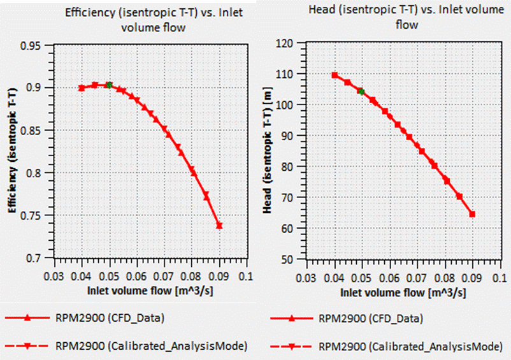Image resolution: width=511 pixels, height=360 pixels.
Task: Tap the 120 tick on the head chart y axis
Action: tap(284, 43)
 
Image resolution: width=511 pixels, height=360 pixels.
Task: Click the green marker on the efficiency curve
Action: tap(109, 85)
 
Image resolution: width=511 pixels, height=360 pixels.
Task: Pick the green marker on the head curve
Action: tap(361, 92)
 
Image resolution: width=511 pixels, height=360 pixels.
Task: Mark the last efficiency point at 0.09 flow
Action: tap(219, 226)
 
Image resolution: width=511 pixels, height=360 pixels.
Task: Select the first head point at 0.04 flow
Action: tap(335, 75)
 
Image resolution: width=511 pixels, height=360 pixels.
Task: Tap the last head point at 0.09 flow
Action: tap(472, 214)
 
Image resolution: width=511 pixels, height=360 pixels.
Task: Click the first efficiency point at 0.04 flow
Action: tap(82, 88)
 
